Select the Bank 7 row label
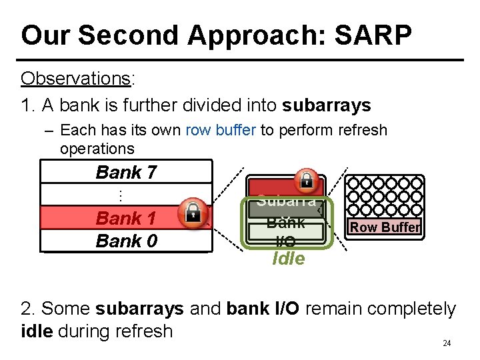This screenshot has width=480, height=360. (126, 172)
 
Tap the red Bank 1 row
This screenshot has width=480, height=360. (126, 218)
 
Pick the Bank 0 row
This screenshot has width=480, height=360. (126, 241)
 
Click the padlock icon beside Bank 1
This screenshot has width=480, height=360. (193, 212)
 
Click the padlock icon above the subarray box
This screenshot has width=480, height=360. (307, 179)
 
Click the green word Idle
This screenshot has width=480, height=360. (289, 259)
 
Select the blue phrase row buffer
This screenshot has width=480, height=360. (221, 130)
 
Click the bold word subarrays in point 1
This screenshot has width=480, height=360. (327, 105)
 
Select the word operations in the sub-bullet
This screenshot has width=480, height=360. (97, 149)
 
